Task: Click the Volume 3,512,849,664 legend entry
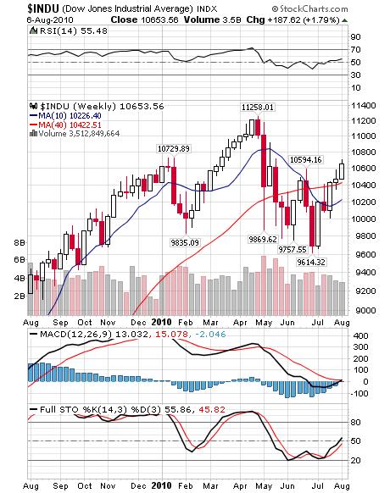[x=77, y=134]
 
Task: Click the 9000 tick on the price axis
[x=366, y=311]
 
